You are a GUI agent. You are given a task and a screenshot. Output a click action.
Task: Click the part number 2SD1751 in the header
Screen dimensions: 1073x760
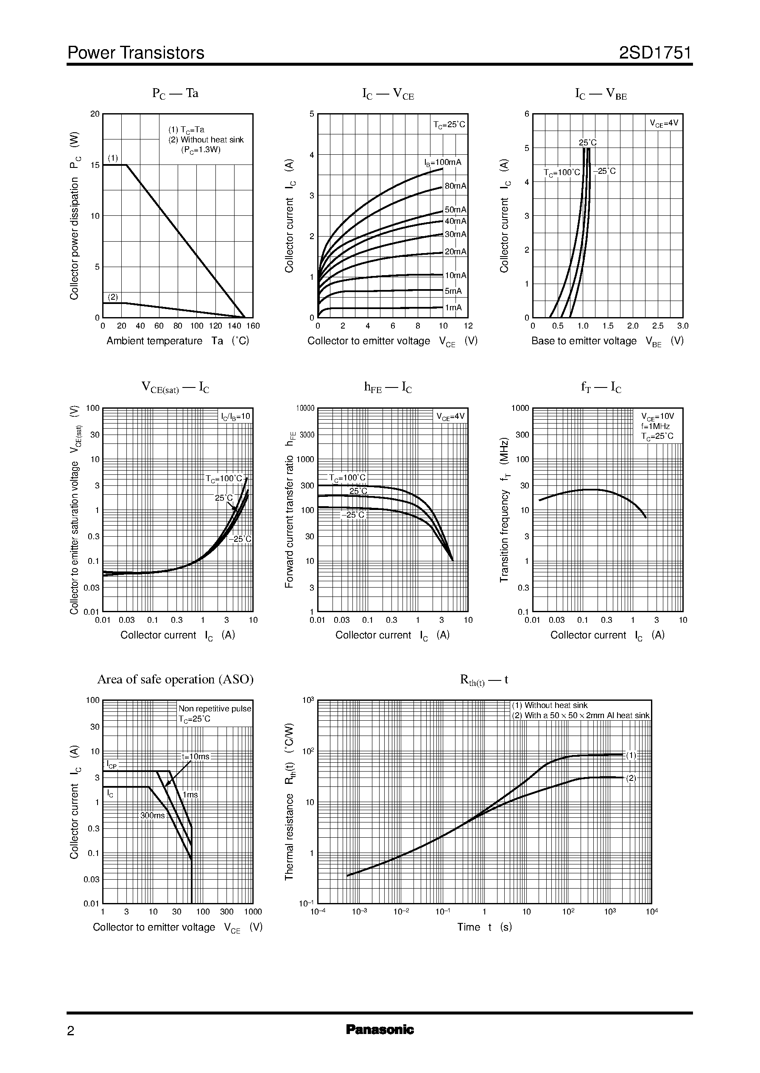point(655,53)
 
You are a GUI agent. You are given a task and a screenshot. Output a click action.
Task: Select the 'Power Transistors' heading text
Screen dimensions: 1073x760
point(136,53)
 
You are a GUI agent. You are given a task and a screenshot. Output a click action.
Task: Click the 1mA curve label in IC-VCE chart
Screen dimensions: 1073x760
point(453,307)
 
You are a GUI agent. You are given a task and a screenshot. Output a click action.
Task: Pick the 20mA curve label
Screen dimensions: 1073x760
point(455,252)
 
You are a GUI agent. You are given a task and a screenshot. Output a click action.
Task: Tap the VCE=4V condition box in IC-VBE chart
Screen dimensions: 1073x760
point(664,123)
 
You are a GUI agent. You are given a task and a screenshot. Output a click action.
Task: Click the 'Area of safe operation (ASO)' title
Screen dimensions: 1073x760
point(175,679)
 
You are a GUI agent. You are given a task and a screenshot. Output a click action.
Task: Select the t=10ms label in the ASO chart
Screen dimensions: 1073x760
point(196,756)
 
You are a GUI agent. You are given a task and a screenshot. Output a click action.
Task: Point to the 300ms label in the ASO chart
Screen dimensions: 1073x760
point(153,815)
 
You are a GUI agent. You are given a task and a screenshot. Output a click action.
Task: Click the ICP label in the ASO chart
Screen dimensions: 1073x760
point(112,765)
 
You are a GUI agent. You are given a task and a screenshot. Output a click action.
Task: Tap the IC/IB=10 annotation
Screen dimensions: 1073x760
point(236,416)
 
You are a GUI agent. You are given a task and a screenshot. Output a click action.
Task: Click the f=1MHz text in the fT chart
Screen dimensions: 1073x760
point(655,426)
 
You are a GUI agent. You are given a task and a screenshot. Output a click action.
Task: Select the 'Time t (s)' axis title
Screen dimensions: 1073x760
point(484,927)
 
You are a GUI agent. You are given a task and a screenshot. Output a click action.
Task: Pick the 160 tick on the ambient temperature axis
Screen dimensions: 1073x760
point(253,326)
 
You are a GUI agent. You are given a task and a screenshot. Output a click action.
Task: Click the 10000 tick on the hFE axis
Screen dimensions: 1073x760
point(305,408)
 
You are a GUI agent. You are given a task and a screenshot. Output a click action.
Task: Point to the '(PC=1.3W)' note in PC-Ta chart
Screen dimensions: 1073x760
point(201,150)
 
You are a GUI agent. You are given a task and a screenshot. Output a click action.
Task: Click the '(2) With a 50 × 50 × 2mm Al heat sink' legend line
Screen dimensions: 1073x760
point(581,715)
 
